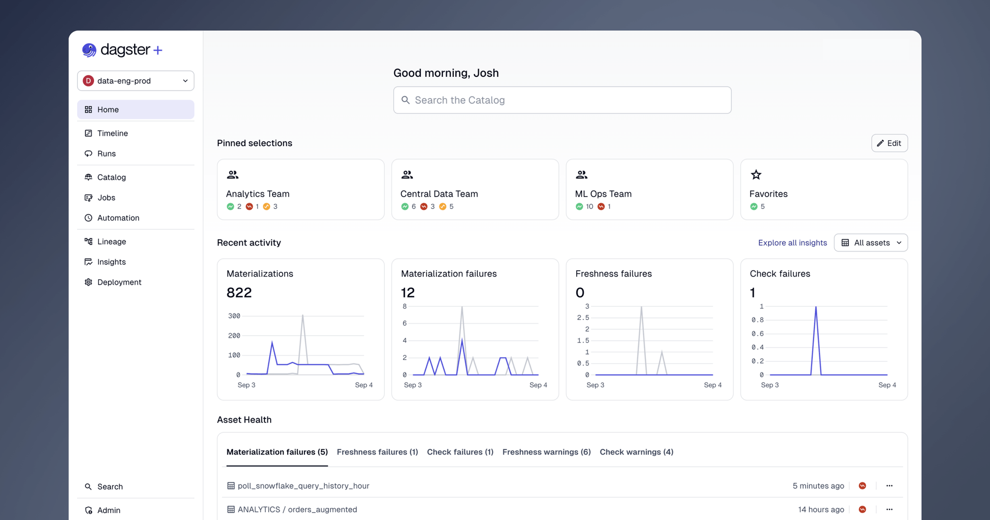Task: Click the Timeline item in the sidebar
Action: click(x=112, y=133)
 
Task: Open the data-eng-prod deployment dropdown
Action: click(x=136, y=81)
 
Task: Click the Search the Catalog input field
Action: click(x=562, y=100)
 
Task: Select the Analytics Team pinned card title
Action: click(x=257, y=194)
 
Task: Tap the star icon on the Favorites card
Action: click(x=756, y=175)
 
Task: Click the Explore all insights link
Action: click(x=792, y=243)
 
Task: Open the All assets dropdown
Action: click(x=871, y=243)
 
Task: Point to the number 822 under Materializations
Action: click(x=239, y=293)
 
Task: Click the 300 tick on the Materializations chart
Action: click(x=234, y=316)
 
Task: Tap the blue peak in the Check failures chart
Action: click(x=816, y=308)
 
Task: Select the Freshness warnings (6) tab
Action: click(x=546, y=452)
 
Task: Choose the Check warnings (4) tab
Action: click(x=636, y=452)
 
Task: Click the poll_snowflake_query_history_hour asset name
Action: click(x=303, y=486)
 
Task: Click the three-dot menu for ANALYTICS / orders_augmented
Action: click(x=889, y=510)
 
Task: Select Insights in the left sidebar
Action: click(x=111, y=262)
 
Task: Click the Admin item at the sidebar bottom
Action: click(x=108, y=510)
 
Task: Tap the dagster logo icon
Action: click(x=89, y=50)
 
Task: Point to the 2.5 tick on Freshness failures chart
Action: click(x=583, y=317)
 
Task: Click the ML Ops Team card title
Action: click(x=603, y=194)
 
